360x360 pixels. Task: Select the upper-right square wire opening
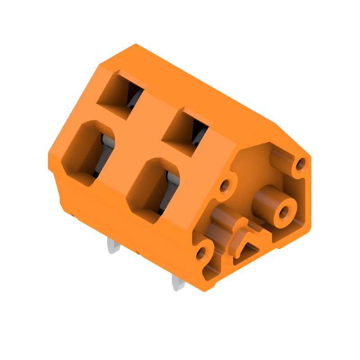tap(184, 130)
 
